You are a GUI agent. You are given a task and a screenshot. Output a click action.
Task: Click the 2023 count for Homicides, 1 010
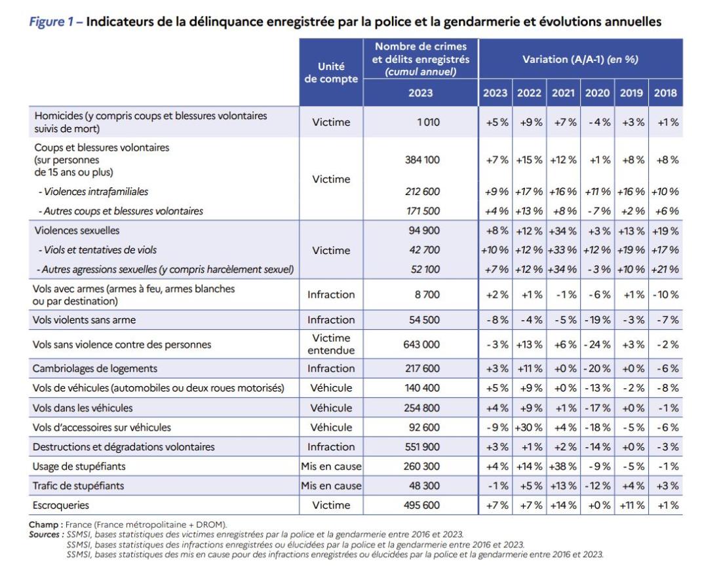(x=428, y=122)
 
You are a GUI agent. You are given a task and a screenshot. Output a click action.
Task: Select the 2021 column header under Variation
(x=563, y=93)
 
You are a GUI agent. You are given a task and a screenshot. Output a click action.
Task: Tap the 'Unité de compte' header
(x=331, y=73)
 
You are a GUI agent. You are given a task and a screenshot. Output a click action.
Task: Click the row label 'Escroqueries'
(x=61, y=505)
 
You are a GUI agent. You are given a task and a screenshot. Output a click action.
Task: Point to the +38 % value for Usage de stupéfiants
(x=563, y=466)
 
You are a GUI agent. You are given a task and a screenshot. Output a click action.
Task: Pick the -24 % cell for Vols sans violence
(x=597, y=344)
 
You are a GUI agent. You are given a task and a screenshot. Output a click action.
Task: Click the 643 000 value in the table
(x=421, y=344)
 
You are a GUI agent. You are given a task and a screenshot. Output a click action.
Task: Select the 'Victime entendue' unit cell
(x=331, y=344)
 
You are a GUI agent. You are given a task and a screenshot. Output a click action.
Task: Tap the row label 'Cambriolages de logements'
(x=95, y=369)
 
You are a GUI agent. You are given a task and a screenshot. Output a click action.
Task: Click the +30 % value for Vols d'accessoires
(x=529, y=427)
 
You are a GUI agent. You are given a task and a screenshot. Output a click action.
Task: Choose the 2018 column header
(x=665, y=93)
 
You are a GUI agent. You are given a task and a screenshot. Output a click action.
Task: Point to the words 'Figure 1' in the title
(x=51, y=22)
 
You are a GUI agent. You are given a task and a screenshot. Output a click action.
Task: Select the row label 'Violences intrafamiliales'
(x=96, y=192)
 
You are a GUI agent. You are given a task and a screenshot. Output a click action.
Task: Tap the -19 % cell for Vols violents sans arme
(x=597, y=319)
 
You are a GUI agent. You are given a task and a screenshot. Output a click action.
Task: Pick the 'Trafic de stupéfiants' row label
(x=78, y=485)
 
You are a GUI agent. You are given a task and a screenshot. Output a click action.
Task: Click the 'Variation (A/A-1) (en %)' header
(x=580, y=59)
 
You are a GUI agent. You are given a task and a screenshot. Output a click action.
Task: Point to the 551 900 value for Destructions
(x=422, y=447)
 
